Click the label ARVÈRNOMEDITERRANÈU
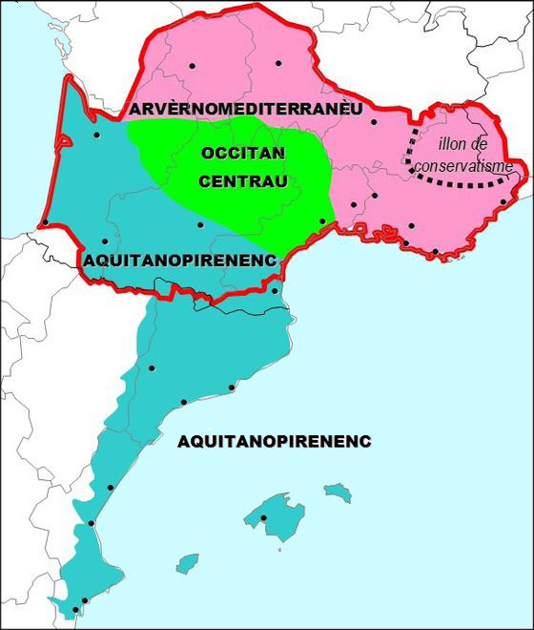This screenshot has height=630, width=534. (247, 110)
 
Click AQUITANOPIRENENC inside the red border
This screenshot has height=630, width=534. (179, 260)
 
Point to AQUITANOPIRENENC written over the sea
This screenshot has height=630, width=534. (274, 441)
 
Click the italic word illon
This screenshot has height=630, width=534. (456, 144)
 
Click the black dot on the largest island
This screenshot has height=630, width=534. (263, 518)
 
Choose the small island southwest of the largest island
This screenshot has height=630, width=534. (187, 562)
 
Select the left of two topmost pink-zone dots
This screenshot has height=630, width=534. (192, 65)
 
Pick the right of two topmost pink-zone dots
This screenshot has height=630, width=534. (278, 64)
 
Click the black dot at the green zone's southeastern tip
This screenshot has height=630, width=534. (322, 221)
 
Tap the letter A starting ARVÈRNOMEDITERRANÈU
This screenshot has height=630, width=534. (136, 110)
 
